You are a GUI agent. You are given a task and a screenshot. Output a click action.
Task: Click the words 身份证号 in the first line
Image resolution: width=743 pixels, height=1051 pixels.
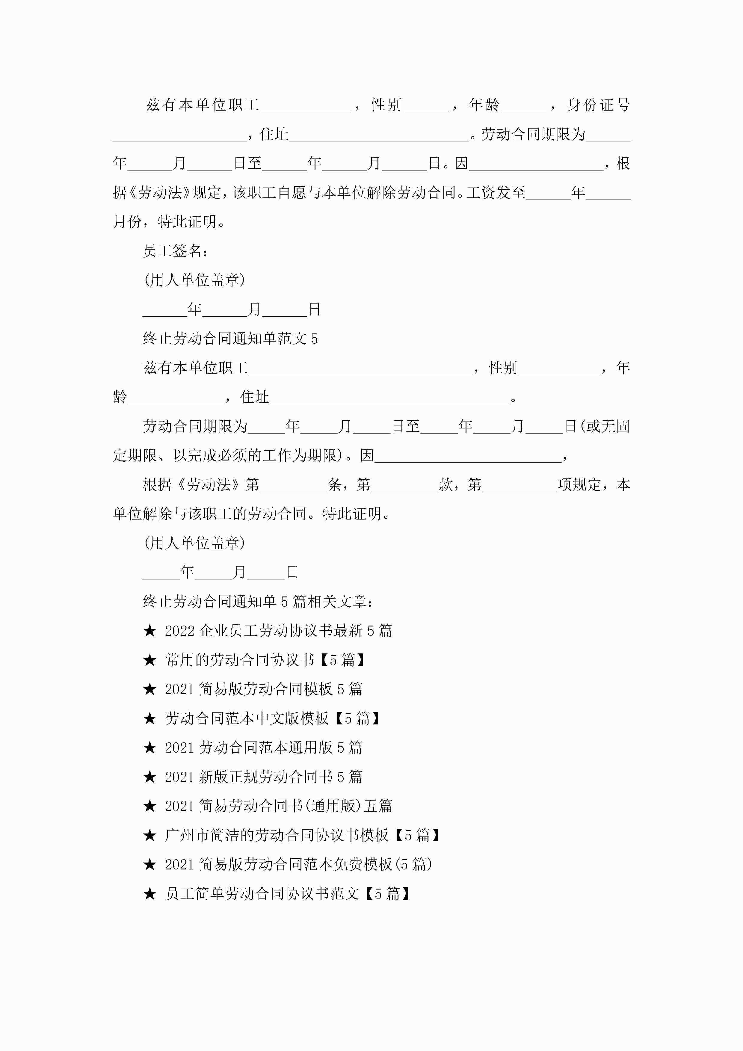598,105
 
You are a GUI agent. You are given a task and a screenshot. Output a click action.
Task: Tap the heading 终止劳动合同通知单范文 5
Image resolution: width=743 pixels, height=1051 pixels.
230,339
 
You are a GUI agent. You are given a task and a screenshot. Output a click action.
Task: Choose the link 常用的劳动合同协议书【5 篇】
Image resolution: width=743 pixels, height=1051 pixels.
265,660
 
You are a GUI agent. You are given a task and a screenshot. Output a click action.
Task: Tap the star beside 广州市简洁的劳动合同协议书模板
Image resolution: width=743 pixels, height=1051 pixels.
150,835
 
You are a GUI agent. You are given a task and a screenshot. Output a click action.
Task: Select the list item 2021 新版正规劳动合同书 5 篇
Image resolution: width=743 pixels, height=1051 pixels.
264,777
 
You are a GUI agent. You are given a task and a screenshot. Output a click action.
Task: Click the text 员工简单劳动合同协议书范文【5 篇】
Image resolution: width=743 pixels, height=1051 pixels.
288,893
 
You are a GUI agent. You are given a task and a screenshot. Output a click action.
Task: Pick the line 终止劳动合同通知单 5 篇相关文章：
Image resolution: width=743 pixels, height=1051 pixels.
258,602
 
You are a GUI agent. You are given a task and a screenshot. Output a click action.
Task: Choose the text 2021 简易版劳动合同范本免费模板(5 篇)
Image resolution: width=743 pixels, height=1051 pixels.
298,864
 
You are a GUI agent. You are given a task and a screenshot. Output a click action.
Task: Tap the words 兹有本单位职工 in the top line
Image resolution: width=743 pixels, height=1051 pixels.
202,105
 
